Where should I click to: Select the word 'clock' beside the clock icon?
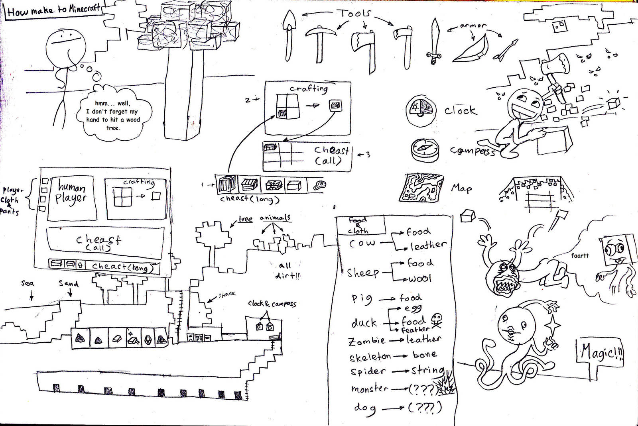(461, 110)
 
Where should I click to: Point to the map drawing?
(421, 187)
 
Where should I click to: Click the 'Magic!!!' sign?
(600, 353)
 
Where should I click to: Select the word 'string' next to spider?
(427, 371)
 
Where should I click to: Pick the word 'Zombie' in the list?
(367, 341)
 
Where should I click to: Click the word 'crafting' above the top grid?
(309, 88)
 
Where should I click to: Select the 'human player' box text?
(72, 192)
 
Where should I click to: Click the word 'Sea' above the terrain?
(28, 284)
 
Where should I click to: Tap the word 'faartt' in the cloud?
(579, 256)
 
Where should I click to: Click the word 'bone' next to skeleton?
(424, 354)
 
